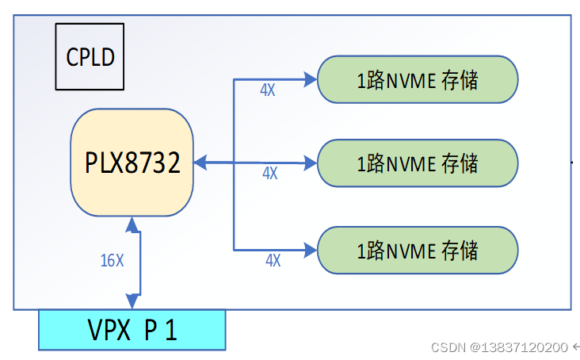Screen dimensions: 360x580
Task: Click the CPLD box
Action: (90, 56)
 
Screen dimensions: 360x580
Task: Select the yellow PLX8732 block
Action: (132, 163)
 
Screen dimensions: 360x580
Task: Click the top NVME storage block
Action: (418, 79)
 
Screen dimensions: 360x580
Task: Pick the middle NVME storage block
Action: (418, 163)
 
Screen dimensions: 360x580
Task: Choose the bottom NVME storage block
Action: (418, 251)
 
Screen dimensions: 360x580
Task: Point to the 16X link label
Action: (113, 260)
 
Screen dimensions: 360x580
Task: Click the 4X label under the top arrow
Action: (268, 90)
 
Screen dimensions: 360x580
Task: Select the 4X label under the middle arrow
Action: (269, 173)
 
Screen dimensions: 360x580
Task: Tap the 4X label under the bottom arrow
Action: (273, 260)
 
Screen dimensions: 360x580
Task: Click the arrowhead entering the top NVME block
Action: (310, 79)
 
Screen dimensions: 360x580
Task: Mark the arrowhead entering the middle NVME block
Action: (310, 163)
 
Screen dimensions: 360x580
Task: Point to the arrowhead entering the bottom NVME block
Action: (310, 249)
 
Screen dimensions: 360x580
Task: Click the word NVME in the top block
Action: (410, 79)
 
